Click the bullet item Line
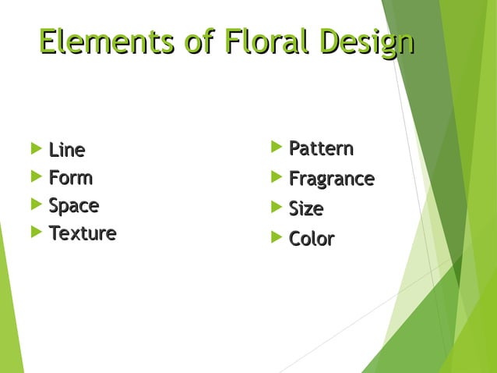(67, 149)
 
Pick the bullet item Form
(70, 178)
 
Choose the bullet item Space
(73, 206)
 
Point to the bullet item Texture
(83, 233)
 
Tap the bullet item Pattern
(321, 148)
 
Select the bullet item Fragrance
(331, 179)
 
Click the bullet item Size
(306, 209)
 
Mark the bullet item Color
(312, 239)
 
